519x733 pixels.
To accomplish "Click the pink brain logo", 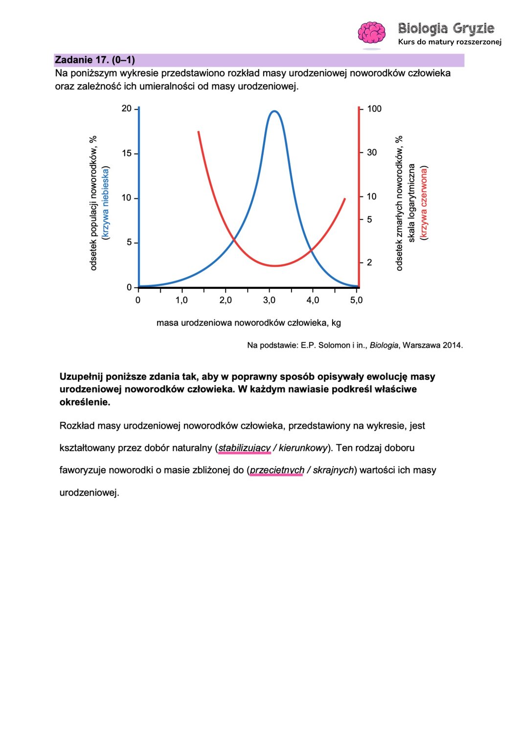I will pyautogui.click(x=371, y=33).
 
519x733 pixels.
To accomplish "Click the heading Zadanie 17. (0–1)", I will pyautogui.click(x=95, y=60).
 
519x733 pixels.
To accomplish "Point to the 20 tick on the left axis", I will pyautogui.click(x=127, y=108).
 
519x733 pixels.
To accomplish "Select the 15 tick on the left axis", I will pyautogui.click(x=127, y=153).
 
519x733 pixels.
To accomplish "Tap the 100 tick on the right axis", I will pyautogui.click(x=374, y=108).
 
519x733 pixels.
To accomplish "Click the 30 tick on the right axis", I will pyautogui.click(x=372, y=152).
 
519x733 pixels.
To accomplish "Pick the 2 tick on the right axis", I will pyautogui.click(x=369, y=262).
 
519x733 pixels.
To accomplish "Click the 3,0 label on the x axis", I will pyautogui.click(x=269, y=300).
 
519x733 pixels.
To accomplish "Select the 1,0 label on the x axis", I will pyautogui.click(x=181, y=300).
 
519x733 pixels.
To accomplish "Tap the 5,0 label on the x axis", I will pyautogui.click(x=357, y=300).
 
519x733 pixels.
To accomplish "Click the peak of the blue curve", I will pyautogui.click(x=274, y=111).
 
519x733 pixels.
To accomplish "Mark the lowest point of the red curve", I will pyautogui.click(x=275, y=266).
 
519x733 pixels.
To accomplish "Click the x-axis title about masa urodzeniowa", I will pyautogui.click(x=248, y=323).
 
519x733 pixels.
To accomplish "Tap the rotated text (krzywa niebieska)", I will pyautogui.click(x=106, y=203).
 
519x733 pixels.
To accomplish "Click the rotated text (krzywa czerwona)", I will pyautogui.click(x=424, y=203).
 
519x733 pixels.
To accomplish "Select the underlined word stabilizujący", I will pyautogui.click(x=244, y=448).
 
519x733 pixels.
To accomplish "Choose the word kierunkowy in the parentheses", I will pyautogui.click(x=303, y=448).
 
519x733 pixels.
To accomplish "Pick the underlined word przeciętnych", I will pyautogui.click(x=277, y=470).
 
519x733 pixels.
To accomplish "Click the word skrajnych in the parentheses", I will pyautogui.click(x=333, y=470).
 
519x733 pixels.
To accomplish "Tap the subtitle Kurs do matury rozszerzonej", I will pyautogui.click(x=450, y=42).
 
